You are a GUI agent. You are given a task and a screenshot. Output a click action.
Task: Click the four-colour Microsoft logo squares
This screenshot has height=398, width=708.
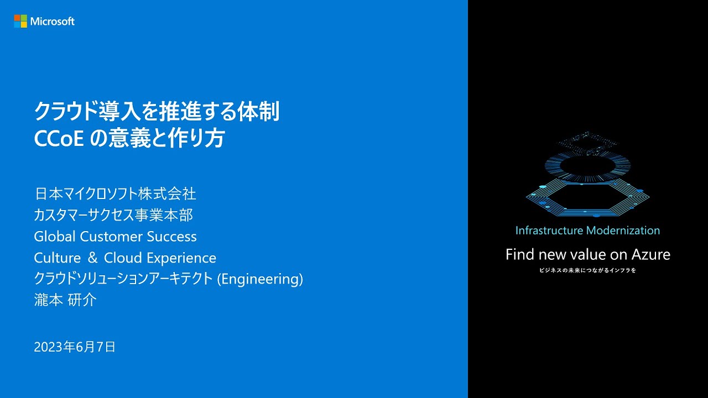pyautogui.click(x=20, y=22)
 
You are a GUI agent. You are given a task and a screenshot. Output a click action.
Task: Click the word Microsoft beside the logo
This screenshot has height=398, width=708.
pyautogui.click(x=53, y=22)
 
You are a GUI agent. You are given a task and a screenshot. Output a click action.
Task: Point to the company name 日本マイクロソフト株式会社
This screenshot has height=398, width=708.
pyautogui.click(x=115, y=194)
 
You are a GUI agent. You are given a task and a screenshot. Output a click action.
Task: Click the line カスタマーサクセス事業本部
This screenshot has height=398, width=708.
pyautogui.click(x=113, y=215)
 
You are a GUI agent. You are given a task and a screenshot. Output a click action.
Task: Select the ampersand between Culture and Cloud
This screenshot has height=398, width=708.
pyautogui.click(x=92, y=258)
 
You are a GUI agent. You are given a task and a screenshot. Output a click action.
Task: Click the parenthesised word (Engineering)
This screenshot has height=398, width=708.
pyautogui.click(x=260, y=279)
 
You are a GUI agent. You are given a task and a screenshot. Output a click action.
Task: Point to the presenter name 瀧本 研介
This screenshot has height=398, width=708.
pyautogui.click(x=65, y=300)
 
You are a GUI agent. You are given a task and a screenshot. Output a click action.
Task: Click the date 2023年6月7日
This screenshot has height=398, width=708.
pyautogui.click(x=75, y=347)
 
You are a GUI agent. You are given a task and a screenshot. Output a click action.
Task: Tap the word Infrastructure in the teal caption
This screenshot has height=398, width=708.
pyautogui.click(x=549, y=231)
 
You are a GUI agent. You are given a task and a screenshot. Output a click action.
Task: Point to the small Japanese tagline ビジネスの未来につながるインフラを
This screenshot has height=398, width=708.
pyautogui.click(x=587, y=271)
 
